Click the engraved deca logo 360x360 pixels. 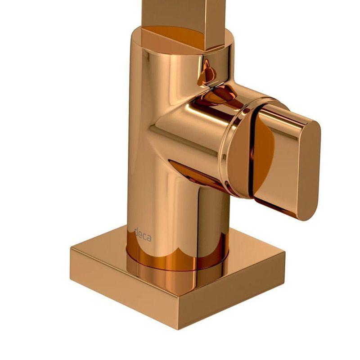[x=143, y=234]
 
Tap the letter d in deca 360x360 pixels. [x=136, y=232]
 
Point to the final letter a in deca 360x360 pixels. [x=149, y=238]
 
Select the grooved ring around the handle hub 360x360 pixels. [x=232, y=147]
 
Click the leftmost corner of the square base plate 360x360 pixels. [x=71, y=248]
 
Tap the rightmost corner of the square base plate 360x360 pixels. [x=285, y=252]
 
